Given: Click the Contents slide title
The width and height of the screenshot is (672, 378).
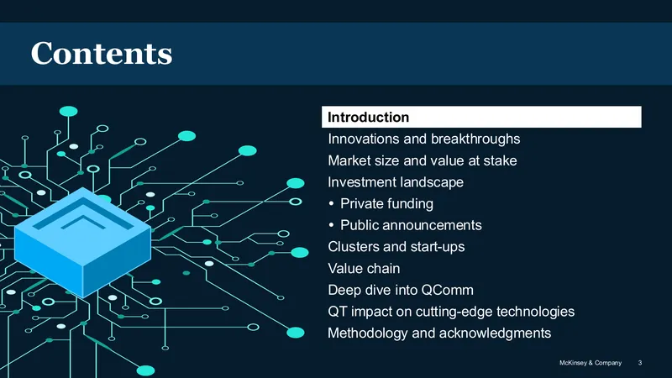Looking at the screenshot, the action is pyautogui.click(x=101, y=53).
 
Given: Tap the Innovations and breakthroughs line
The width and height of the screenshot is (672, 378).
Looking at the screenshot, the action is pyautogui.click(x=424, y=139).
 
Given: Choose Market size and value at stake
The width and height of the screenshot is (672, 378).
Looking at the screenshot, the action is pyautogui.click(x=423, y=160).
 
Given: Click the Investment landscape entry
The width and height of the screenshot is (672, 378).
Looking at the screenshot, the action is pyautogui.click(x=396, y=182).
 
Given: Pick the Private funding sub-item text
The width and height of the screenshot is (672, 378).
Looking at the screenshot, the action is pyautogui.click(x=386, y=203).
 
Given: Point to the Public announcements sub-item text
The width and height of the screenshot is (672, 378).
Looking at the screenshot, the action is pyautogui.click(x=411, y=225).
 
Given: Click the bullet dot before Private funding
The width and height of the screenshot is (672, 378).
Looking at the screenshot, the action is pyautogui.click(x=331, y=203).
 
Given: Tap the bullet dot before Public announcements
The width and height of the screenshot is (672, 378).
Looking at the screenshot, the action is pyautogui.click(x=331, y=225).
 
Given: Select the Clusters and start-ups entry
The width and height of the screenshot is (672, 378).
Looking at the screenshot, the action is pyautogui.click(x=396, y=247).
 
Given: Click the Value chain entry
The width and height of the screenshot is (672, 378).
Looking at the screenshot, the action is pyautogui.click(x=364, y=268).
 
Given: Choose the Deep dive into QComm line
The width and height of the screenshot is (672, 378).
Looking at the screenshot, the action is pyautogui.click(x=401, y=290).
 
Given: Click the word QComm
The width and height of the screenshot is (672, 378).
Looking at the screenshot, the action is pyautogui.click(x=448, y=290).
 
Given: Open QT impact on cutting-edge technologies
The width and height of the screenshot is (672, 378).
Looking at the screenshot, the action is pyautogui.click(x=451, y=312).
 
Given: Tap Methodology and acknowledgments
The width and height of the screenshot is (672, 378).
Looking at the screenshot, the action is pyautogui.click(x=439, y=333).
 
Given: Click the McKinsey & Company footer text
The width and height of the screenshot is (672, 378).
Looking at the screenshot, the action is pyautogui.click(x=591, y=363).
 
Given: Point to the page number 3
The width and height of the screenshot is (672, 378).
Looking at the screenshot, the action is pyautogui.click(x=640, y=363).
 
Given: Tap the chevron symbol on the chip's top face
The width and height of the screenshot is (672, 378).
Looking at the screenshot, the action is pyautogui.click(x=82, y=222).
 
